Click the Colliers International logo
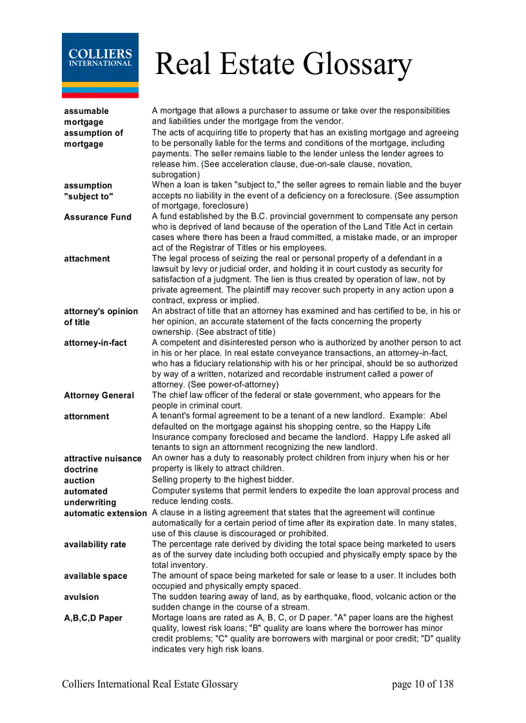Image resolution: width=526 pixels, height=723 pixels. coord(100,65)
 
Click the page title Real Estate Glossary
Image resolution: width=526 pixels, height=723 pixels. coord(284,65)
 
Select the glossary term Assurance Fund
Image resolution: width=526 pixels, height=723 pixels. coord(97,217)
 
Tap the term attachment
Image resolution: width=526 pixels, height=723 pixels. coord(87,259)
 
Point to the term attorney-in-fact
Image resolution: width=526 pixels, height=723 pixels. coord(95,343)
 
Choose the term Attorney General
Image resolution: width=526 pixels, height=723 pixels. coord(99,395)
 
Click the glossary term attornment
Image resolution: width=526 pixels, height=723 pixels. coord(87,417)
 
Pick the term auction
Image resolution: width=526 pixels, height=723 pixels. coord(79,480)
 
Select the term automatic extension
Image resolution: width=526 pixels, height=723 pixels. coord(106,513)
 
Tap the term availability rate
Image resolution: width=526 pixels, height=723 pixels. coord(95,545)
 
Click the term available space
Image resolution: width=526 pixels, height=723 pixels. coord(95,576)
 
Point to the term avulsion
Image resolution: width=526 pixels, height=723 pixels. coord(82,597)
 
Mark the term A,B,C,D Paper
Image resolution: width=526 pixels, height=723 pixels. coord(93,618)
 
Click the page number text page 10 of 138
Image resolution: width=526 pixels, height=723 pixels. coord(422,684)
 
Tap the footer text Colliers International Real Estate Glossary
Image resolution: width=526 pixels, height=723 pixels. coord(150,684)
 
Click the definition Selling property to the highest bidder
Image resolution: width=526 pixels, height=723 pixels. coord(223,480)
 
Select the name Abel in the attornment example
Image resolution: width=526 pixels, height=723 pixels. coord(438,416)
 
